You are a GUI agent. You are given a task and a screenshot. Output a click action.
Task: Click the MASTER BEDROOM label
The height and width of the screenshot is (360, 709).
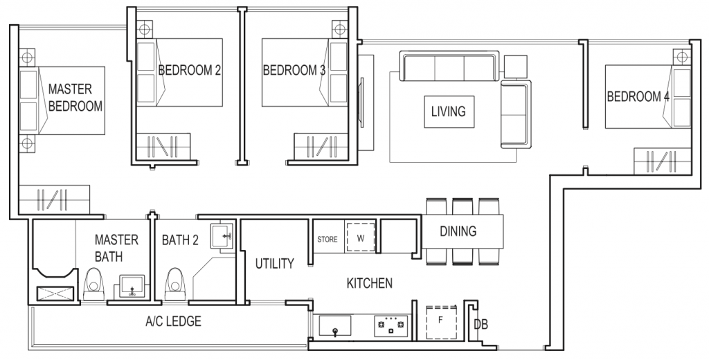(75, 98)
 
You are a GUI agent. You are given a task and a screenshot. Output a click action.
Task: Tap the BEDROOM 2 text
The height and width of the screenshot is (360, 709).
(190, 70)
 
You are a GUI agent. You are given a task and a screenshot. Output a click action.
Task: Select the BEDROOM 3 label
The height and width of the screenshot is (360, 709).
(294, 70)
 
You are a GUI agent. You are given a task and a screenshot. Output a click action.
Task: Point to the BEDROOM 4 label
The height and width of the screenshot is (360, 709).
(638, 96)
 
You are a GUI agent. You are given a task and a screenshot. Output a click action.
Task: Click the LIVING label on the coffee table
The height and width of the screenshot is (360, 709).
(449, 111)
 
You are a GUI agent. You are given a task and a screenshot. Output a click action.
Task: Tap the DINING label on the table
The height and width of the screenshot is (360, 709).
(458, 231)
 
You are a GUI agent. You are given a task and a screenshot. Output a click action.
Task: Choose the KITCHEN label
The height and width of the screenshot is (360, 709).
(370, 283)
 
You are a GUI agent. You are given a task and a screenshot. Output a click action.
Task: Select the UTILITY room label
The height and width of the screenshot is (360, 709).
(274, 264)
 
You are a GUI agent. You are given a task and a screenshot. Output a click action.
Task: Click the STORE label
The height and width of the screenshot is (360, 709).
(327, 240)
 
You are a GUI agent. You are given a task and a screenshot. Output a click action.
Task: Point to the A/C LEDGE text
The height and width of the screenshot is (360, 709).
(173, 322)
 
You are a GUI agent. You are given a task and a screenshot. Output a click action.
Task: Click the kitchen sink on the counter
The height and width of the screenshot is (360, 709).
(335, 325)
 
